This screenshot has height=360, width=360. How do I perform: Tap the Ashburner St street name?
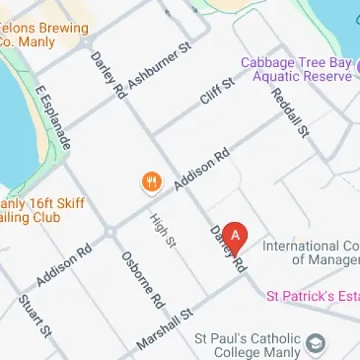[159, 67]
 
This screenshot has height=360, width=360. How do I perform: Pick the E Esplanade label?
[53, 120]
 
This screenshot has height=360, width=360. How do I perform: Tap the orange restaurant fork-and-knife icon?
[150, 182]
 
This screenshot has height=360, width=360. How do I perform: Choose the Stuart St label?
[34, 316]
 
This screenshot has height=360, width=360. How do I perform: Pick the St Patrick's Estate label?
[312, 295]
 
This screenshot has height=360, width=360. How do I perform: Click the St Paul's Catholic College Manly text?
[248, 344]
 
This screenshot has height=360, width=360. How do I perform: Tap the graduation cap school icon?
[315, 343]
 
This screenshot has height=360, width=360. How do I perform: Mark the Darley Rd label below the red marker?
[228, 249]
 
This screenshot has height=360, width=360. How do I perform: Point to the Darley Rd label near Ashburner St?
[108, 74]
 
